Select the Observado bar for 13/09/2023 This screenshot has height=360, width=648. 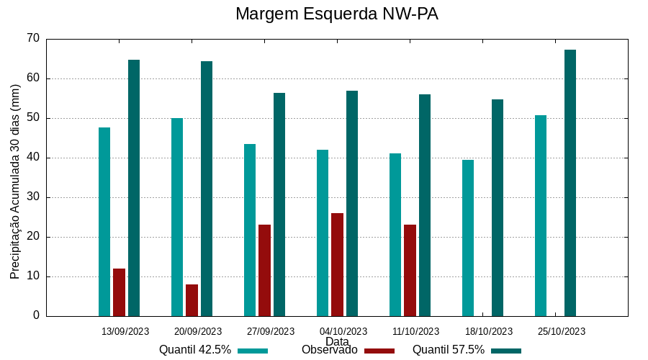[119, 292]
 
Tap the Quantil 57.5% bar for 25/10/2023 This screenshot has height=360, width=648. [570, 183]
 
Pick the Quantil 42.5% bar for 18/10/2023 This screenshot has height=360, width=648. [468, 238]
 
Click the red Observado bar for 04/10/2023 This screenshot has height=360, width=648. [337, 264]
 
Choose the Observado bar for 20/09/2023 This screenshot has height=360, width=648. [192, 300]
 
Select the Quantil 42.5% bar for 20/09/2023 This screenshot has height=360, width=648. [177, 217]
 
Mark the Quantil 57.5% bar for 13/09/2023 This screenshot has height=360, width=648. [134, 188]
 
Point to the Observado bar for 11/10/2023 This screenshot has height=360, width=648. [410, 270]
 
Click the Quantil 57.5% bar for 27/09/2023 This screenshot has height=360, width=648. [279, 204]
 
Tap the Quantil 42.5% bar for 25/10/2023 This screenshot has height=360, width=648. [541, 215]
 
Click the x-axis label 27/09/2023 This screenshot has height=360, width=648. [271, 332]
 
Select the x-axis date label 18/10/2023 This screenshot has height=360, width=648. [489, 332]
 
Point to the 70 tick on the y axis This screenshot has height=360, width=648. [32, 39]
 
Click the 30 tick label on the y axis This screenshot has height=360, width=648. [32, 197]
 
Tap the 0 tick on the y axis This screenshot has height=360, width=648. [36, 316]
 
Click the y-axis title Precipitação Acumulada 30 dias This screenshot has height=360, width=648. [15, 181]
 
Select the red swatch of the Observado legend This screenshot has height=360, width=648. [379, 351]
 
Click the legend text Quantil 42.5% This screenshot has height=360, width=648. [195, 350]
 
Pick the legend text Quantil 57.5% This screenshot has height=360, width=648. [449, 350]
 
